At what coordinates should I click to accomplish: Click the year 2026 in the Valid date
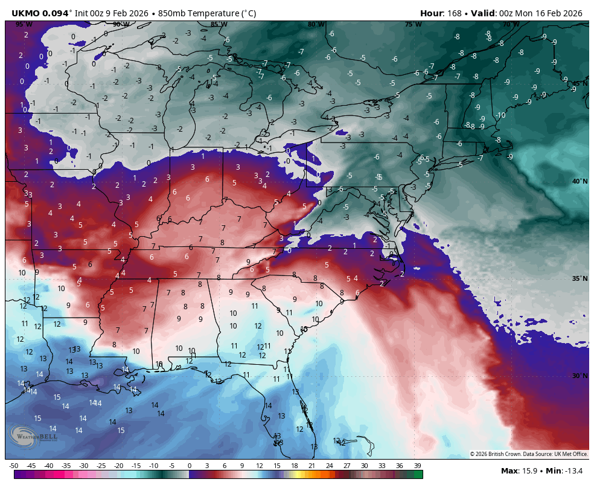(x=570, y=13)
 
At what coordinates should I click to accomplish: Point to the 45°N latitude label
(x=580, y=83)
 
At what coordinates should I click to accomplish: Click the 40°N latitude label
(x=580, y=181)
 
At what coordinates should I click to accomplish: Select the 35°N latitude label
(x=580, y=278)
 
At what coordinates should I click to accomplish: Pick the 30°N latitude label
(x=580, y=376)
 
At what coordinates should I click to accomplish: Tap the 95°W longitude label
(x=24, y=24)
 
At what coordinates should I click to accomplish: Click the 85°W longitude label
(x=219, y=24)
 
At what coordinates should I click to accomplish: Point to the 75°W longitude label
(x=413, y=24)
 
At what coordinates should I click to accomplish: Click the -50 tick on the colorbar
(x=14, y=466)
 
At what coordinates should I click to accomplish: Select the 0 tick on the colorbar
(x=190, y=466)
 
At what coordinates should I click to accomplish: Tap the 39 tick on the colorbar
(x=417, y=466)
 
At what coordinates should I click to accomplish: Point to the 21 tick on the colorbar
(x=312, y=466)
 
